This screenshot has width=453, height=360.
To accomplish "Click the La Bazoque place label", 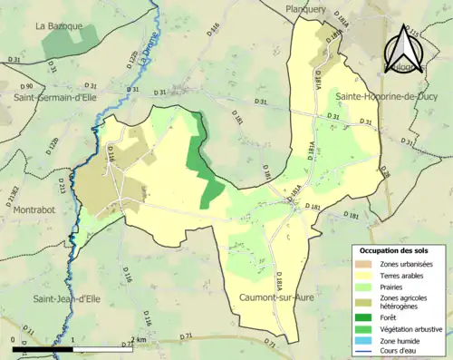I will [x=59, y=26].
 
